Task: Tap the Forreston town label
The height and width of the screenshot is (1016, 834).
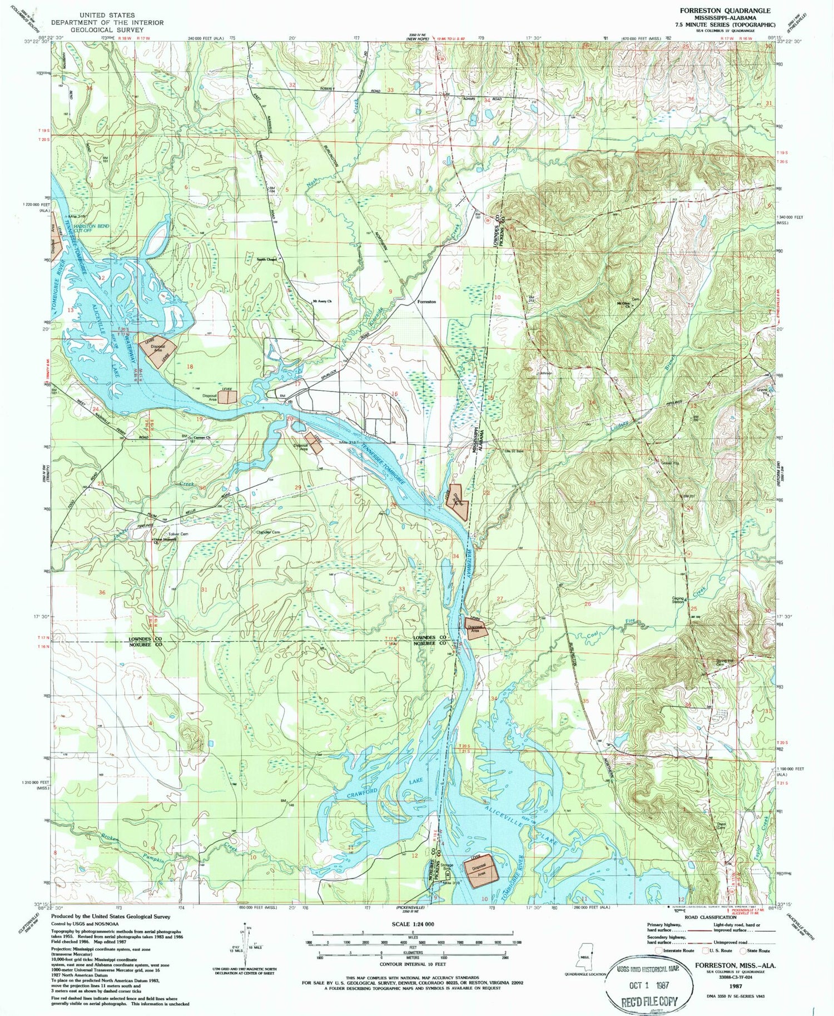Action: point(426,301)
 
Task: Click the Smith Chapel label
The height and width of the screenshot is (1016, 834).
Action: point(266,259)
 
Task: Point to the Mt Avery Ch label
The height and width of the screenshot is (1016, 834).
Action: point(322,302)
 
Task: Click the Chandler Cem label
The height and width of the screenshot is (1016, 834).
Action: point(267,532)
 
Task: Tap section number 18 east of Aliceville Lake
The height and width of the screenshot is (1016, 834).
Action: point(190,366)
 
